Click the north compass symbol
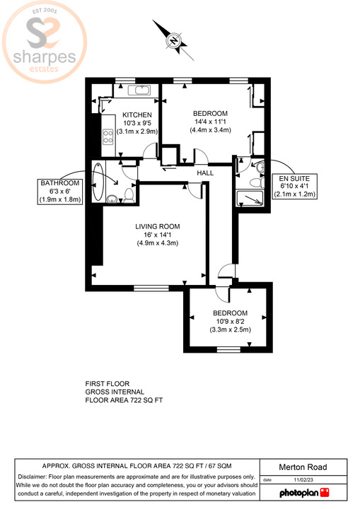173,40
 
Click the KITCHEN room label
137,115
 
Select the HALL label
205,173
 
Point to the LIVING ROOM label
157,227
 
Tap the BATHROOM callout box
61,191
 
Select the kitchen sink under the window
138,90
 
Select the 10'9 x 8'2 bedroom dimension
229,322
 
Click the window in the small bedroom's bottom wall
228,349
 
